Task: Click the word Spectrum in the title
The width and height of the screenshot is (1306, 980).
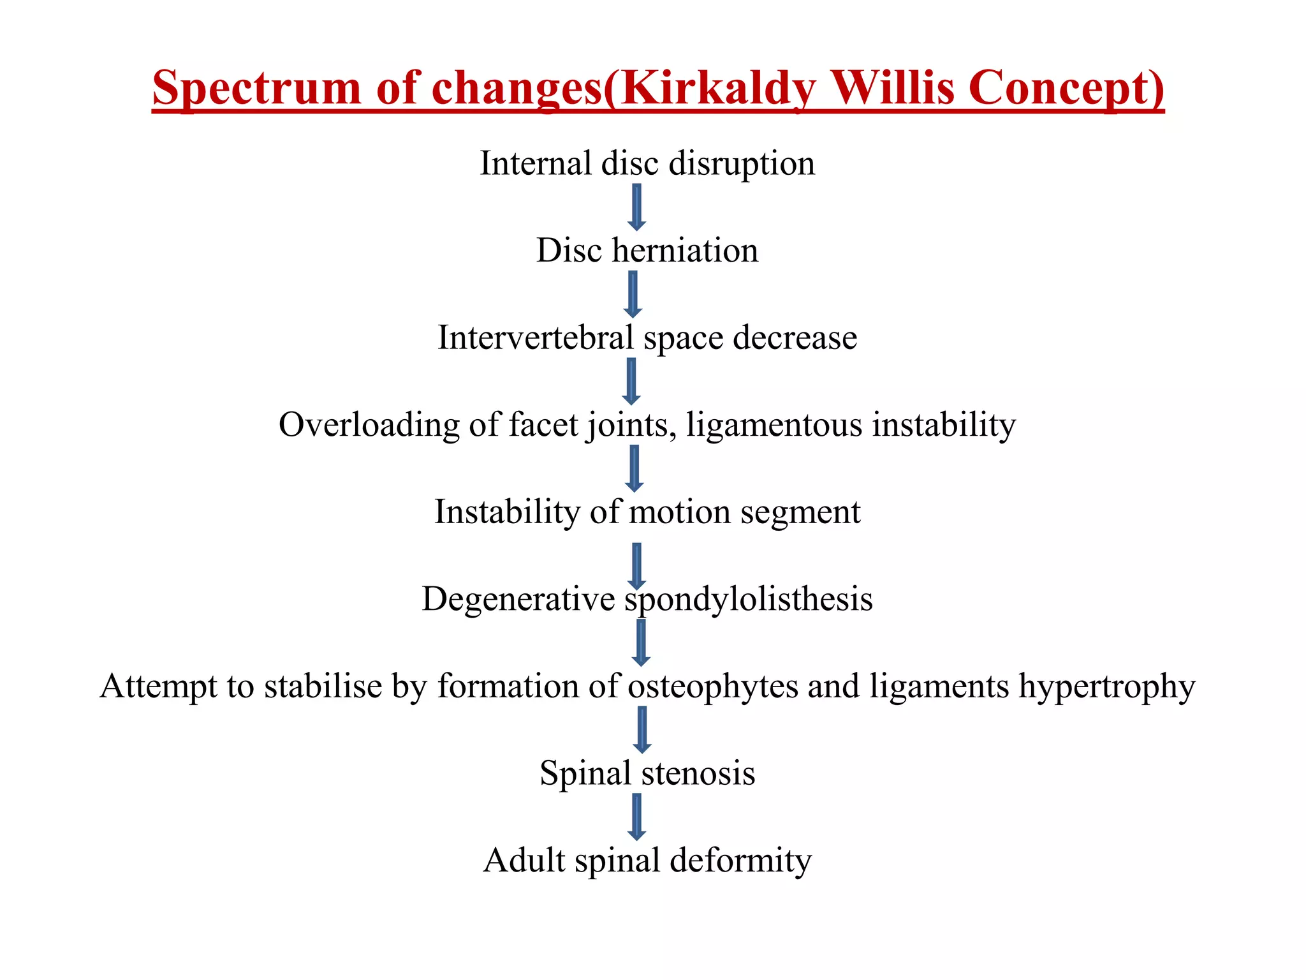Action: click(x=256, y=88)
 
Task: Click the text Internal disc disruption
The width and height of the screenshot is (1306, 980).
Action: click(x=647, y=163)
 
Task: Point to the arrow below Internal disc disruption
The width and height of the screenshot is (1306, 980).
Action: click(x=636, y=207)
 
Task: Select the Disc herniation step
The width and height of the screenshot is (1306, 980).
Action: click(x=647, y=250)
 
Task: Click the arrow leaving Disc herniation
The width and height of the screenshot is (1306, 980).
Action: click(x=633, y=294)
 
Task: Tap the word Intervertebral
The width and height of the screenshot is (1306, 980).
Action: click(x=535, y=338)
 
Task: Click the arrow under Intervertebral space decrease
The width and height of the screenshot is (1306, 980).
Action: click(x=631, y=381)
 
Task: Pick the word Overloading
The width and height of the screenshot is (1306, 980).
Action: click(x=369, y=425)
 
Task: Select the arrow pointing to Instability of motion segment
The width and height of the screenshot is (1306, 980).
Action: click(x=635, y=468)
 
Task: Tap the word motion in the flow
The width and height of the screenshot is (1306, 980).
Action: click(x=679, y=512)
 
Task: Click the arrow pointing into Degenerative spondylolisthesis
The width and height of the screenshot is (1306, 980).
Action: click(x=636, y=566)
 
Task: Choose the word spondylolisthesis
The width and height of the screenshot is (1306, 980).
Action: click(x=748, y=599)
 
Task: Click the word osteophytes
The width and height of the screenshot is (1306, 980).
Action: click(x=713, y=687)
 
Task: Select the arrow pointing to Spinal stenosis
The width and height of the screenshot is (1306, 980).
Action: click(x=642, y=729)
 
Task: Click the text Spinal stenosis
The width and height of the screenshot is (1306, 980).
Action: click(x=647, y=773)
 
